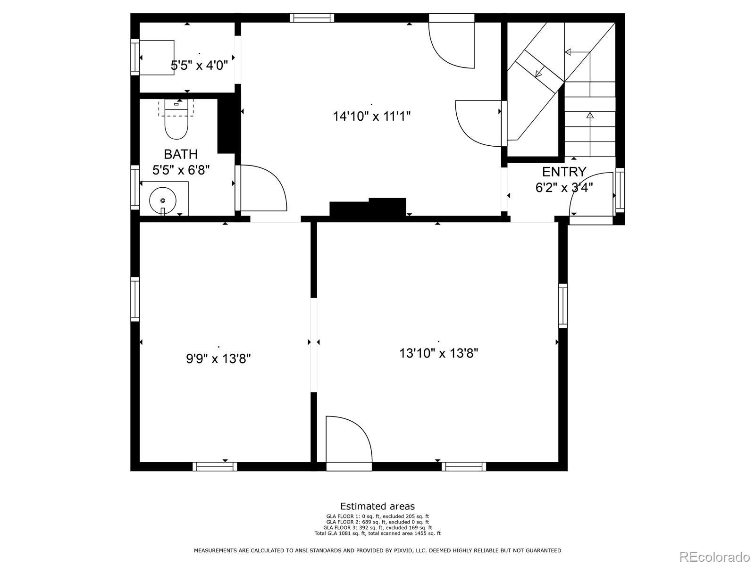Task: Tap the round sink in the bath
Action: click(163, 200)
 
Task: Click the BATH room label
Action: click(181, 154)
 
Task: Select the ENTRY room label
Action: click(564, 172)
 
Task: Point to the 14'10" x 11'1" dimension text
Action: click(371, 116)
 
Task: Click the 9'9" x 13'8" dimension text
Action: click(218, 359)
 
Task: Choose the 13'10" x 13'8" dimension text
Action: click(438, 353)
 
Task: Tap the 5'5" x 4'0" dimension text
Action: click(200, 65)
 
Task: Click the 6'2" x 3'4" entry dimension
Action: click(564, 188)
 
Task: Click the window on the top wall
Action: click(311, 18)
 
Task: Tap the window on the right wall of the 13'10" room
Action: click(563, 306)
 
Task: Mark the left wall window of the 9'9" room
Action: click(135, 300)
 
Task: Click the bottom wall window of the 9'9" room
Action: click(215, 466)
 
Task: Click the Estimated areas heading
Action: click(377, 506)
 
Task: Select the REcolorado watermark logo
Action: click(715, 556)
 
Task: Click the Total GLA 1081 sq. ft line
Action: click(377, 533)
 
